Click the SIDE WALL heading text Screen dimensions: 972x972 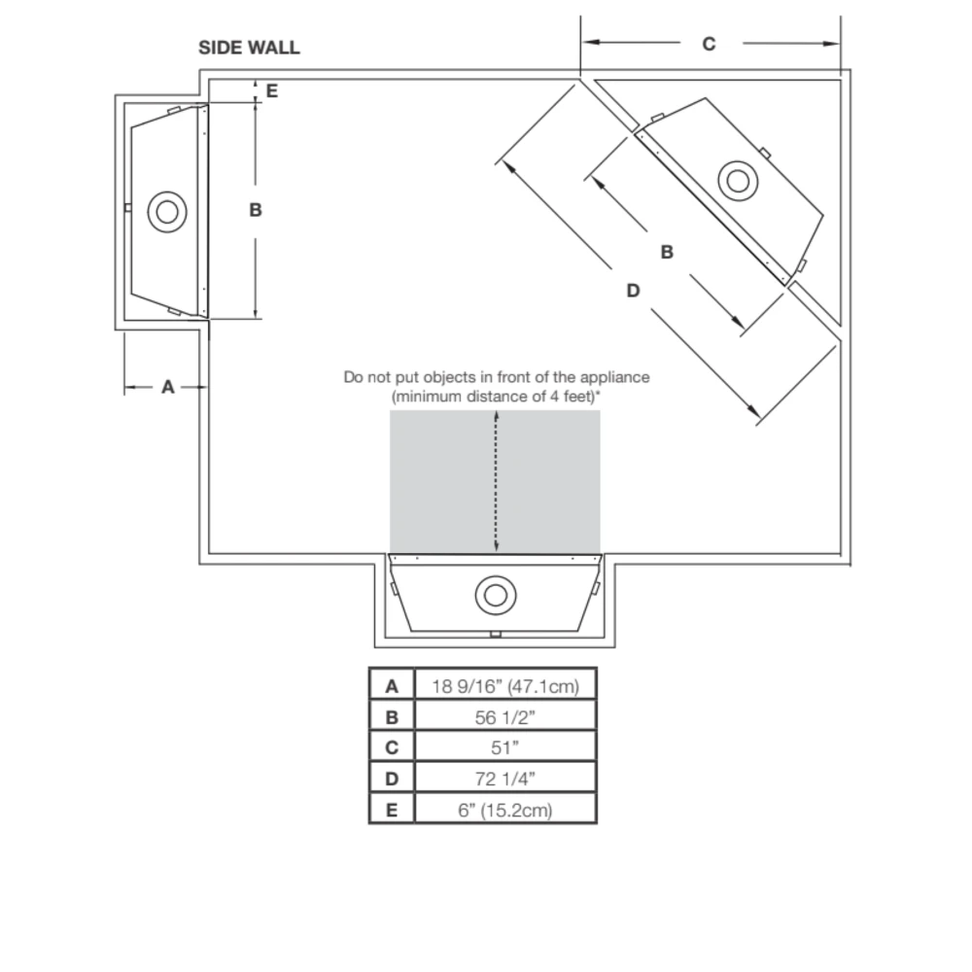249,48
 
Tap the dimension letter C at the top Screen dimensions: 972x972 709,44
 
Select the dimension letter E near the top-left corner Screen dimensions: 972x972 271,91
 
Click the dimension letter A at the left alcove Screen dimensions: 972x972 167,387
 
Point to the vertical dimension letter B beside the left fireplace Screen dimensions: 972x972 256,210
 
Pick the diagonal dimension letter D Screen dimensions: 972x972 633,290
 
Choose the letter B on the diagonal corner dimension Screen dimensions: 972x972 667,253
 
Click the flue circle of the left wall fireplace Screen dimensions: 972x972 167,212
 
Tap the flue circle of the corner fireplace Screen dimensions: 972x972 738,181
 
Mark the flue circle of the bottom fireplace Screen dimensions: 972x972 496,595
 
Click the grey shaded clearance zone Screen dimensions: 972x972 495,482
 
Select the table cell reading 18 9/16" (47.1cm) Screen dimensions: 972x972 505,686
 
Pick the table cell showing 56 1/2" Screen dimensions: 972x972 505,717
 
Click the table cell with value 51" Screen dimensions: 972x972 505,747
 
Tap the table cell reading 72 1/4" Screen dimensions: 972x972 505,779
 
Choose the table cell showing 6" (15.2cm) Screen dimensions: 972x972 505,810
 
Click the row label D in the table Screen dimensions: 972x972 392,779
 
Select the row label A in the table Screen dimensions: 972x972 392,686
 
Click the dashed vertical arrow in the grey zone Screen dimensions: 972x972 497,482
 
